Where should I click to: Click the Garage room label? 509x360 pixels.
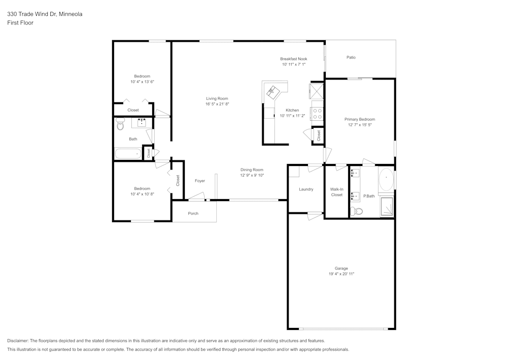pos(341,268)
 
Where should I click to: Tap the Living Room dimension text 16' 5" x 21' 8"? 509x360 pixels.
pos(217,104)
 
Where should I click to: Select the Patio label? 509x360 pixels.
pos(351,58)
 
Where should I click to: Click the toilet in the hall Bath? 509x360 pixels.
pos(121,124)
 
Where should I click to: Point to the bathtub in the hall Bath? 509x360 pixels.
pos(128,154)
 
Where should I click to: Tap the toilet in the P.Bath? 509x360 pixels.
pos(357,211)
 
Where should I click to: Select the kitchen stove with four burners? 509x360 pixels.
pos(317,114)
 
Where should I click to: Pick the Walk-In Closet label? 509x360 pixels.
pos(336,192)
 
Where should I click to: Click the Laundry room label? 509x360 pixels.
pos(306,189)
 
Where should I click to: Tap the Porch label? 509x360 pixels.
pos(193,213)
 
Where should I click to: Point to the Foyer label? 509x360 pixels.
pos(200,181)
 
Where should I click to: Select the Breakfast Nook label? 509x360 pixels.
pos(294,59)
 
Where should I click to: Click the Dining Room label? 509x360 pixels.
pos(252,170)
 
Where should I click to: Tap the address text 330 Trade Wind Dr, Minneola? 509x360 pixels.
pos(45,14)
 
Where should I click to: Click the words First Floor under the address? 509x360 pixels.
pos(20,23)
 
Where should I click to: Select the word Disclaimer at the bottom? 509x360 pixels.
pos(18,341)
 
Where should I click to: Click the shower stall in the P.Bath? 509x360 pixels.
pos(387,207)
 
